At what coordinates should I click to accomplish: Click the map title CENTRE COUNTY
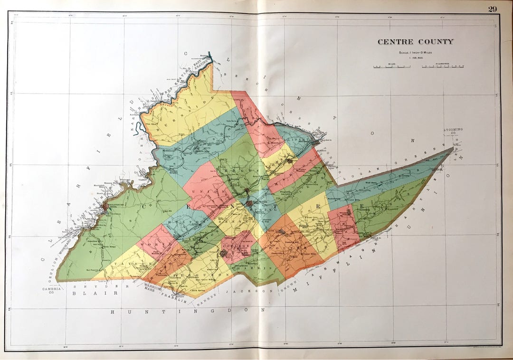pyautogui.click(x=415, y=42)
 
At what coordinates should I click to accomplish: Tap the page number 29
pyautogui.click(x=491, y=8)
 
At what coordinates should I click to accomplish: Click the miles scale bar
pyautogui.click(x=392, y=66)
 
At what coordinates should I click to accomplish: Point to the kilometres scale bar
pyautogui.click(x=442, y=66)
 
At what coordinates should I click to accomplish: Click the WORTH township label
pyautogui.click(x=153, y=244)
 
